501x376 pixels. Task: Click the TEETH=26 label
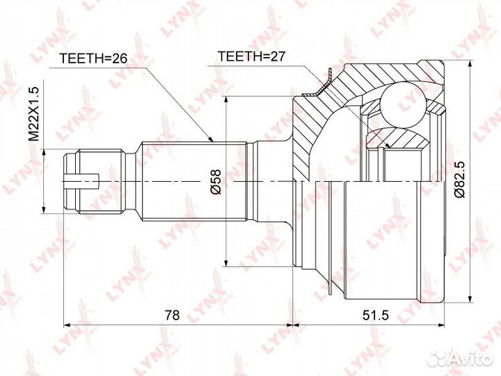94,58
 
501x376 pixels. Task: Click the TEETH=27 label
251,56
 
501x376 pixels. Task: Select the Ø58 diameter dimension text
216,182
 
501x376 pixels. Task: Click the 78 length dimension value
173,315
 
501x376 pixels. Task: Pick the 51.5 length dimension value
376,315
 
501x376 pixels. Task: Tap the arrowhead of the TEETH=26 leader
210,139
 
